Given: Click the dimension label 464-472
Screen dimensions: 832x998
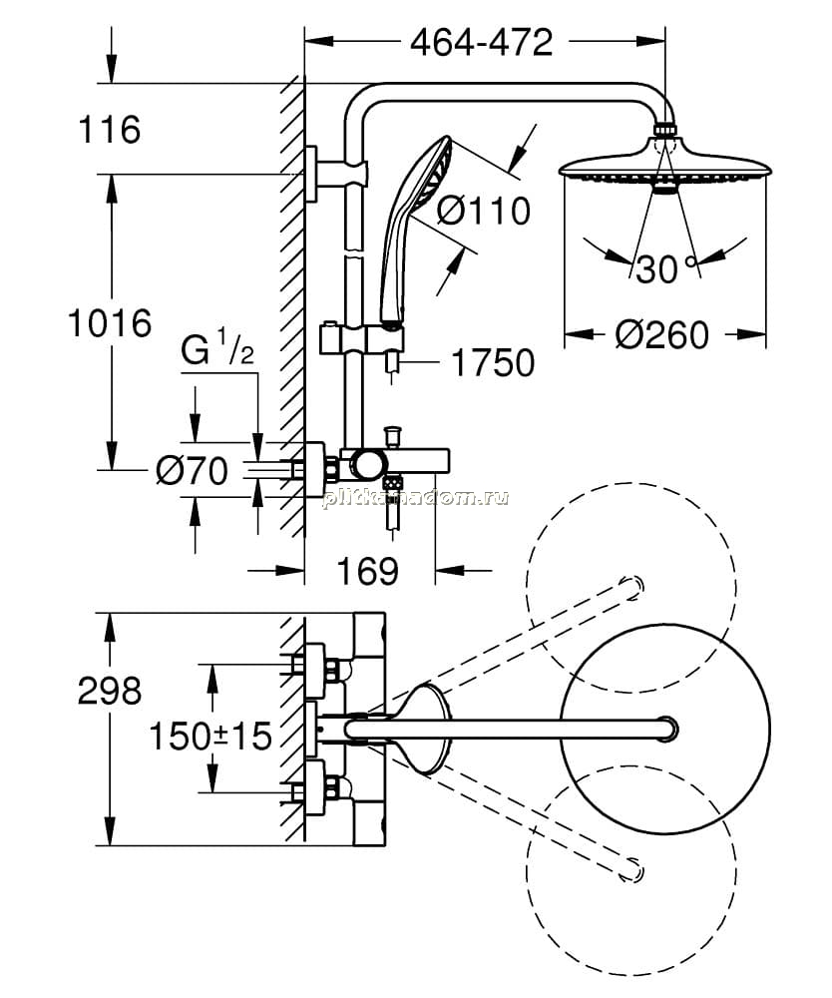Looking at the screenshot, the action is pos(482,43).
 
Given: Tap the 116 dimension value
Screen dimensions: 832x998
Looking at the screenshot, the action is pos(110,129).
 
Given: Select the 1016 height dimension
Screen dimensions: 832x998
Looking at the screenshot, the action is pos(110,322).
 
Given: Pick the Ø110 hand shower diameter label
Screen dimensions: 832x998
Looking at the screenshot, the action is pos(484,210).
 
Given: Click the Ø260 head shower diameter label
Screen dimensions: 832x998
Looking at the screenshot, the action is pos(661,334).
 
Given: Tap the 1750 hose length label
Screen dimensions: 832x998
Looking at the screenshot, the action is pos(493,363).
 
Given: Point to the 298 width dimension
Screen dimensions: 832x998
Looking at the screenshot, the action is pos(110,691).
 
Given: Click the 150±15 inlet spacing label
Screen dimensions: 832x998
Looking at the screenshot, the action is pos(209,736).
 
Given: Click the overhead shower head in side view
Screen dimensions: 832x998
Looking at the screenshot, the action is pos(664,169).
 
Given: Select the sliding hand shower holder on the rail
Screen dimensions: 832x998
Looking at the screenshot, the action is pos(361,337).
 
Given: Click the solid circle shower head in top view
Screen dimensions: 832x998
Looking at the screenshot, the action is pos(665,729).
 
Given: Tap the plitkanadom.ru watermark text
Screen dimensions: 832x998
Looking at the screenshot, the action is pos(415,498).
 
